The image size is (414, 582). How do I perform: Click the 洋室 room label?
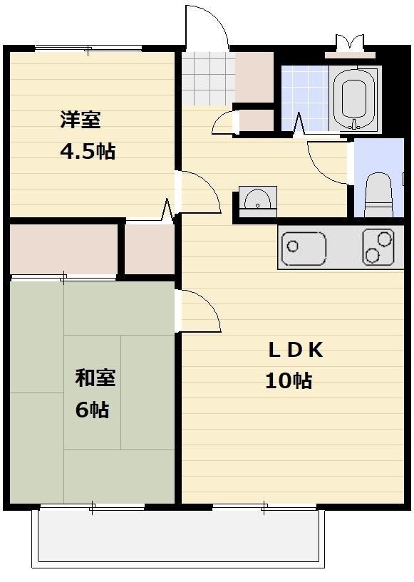click(79, 120)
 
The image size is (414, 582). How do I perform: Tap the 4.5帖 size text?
click(87, 152)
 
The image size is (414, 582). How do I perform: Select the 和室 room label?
click(95, 378)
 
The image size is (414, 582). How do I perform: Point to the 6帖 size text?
click(92, 410)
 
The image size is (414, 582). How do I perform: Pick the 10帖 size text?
click(289, 381)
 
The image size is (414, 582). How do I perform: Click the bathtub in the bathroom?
click(353, 99)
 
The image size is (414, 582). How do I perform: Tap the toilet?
click(378, 194)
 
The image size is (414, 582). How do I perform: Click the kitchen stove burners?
click(378, 247)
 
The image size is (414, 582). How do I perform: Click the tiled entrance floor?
click(207, 78)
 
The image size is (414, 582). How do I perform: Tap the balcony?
click(177, 538)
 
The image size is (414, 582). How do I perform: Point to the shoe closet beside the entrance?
click(254, 77)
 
